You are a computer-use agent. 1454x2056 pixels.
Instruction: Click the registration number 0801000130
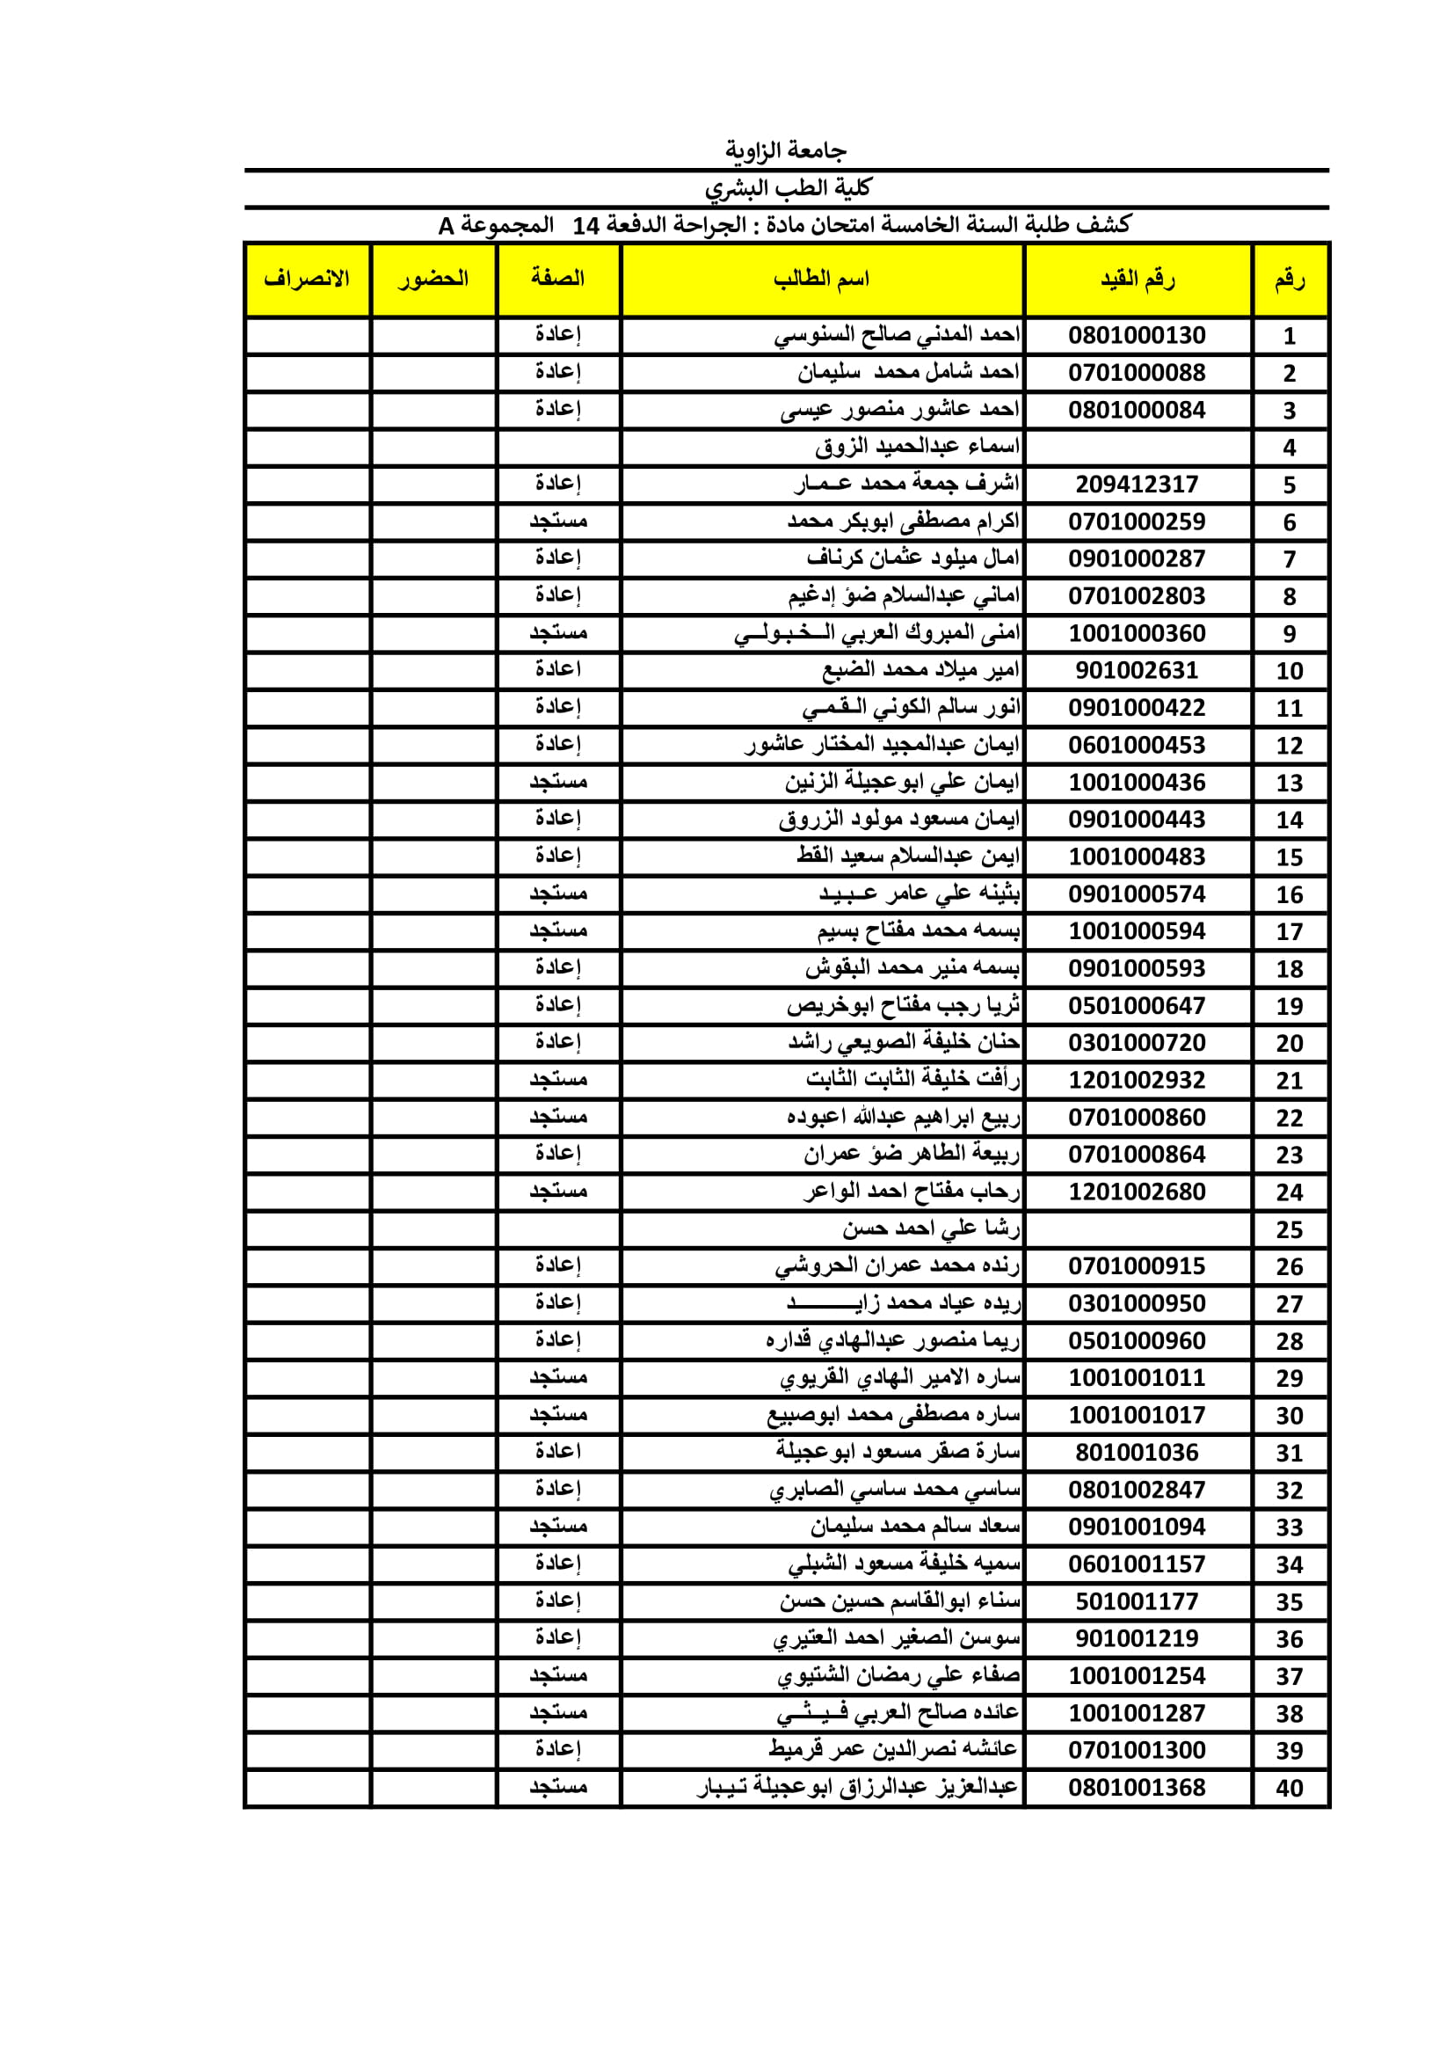(1136, 336)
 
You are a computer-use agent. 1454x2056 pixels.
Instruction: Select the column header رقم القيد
(1137, 280)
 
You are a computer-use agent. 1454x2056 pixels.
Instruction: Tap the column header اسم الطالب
(821, 280)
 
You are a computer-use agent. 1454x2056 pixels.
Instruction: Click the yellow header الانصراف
(306, 280)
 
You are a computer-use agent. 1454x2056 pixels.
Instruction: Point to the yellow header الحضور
(433, 280)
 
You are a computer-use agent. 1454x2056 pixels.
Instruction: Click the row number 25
(1289, 1229)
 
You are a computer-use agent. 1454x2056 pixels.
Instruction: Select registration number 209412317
(1136, 485)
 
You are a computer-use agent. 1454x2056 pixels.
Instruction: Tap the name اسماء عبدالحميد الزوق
(917, 447)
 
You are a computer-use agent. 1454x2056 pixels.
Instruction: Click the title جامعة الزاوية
(785, 150)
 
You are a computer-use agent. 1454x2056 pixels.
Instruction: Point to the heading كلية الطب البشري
(787, 188)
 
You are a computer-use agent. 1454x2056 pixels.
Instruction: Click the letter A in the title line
(447, 226)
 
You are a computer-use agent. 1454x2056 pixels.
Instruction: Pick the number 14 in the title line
(585, 226)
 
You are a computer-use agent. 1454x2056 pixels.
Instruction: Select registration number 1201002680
(1136, 1192)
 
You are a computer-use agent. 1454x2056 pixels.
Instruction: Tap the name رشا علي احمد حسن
(930, 1229)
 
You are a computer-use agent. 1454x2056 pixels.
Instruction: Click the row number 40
(1289, 1789)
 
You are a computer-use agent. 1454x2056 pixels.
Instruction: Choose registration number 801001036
(1136, 1453)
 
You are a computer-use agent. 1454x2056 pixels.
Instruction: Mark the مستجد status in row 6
(558, 521)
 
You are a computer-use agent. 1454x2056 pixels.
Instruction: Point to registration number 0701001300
(1136, 1750)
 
